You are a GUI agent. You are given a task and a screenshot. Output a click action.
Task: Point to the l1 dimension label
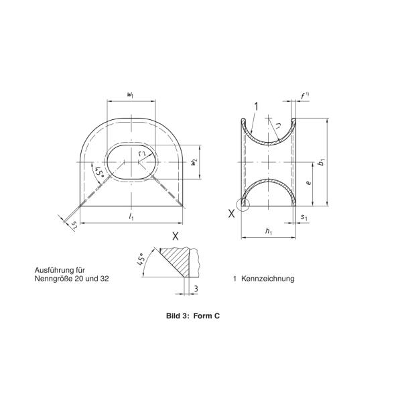click(131, 218)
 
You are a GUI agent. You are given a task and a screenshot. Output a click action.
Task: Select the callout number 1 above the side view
click(255, 105)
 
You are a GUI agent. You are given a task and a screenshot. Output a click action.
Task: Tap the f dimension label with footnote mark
click(305, 96)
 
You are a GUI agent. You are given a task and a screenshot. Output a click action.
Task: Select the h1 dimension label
click(268, 232)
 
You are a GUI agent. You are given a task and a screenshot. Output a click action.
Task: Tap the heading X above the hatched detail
click(176, 235)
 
